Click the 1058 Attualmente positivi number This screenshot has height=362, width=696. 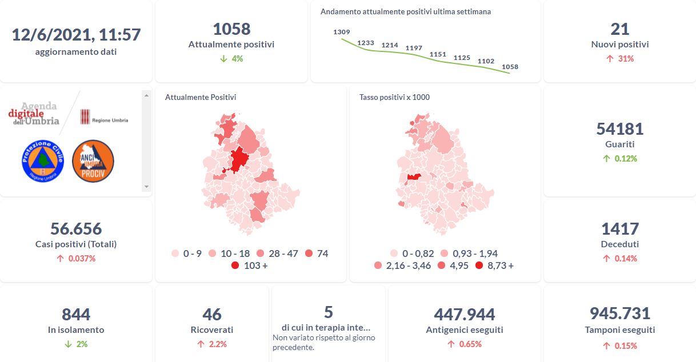[x=231, y=29]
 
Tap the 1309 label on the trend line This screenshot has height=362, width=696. [x=342, y=32]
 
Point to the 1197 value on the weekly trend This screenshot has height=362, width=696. [x=414, y=48]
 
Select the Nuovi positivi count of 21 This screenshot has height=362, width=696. [x=620, y=29]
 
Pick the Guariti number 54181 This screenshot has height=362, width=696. [x=620, y=129]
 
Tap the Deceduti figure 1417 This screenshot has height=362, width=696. [x=620, y=229]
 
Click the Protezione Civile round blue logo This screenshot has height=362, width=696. [x=43, y=162]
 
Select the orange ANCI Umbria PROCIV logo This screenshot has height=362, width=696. [x=93, y=162]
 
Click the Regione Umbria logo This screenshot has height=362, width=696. [x=104, y=117]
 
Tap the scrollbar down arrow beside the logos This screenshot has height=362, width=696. [x=146, y=187]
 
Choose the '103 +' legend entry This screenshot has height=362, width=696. [x=249, y=266]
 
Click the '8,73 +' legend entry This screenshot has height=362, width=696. [x=494, y=266]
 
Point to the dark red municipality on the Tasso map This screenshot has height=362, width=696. [x=414, y=178]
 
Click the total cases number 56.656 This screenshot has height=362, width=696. [x=76, y=229]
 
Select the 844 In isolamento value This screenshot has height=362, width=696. [x=76, y=315]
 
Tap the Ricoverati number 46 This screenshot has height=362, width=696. [x=212, y=315]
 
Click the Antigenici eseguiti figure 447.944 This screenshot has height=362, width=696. [x=465, y=315]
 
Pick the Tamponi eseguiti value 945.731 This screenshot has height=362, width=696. [x=620, y=313]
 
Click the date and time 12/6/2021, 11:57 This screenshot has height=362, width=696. [x=76, y=35]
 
